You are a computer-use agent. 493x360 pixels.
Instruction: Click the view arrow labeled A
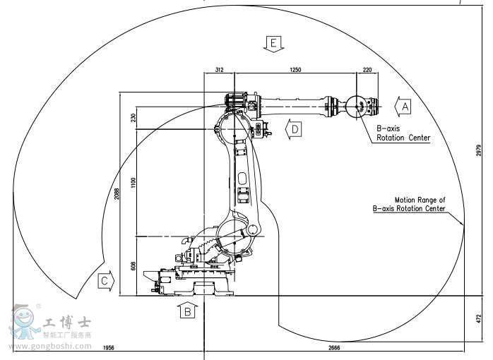[401, 107]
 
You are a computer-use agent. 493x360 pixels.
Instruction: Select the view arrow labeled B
[187, 310]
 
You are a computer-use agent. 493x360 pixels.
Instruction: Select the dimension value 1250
[295, 69]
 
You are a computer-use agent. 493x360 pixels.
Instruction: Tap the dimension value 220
[367, 69]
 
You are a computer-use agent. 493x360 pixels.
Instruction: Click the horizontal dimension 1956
[109, 347]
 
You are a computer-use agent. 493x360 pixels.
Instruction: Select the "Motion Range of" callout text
[420, 200]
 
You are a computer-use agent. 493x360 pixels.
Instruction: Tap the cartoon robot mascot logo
[25, 323]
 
